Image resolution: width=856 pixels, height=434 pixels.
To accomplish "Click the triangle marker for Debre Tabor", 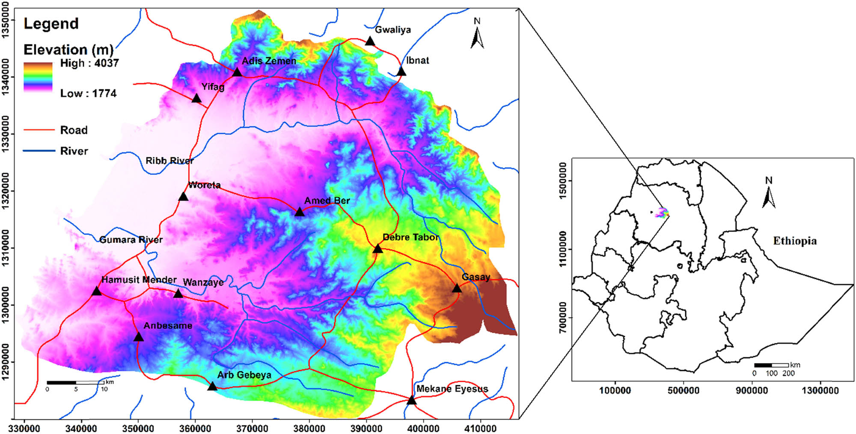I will point(377,249).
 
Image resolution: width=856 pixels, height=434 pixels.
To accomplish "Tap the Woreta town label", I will point(205,185).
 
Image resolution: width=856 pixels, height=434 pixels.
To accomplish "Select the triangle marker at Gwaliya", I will point(370,41).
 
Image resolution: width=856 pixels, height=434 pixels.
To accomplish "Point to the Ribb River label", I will point(169,161).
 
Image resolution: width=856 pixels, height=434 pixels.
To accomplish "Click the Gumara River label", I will point(131,239).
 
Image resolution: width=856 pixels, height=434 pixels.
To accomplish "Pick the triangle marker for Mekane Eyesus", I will point(411,400).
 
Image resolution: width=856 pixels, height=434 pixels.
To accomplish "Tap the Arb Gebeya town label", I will point(244,375).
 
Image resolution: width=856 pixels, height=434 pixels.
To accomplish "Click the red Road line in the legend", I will point(39,130).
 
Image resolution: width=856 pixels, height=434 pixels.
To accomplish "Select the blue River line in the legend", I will point(39,151).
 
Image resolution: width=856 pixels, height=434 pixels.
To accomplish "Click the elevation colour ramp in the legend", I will point(38,77).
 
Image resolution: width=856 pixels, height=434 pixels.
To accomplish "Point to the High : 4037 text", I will point(89,63).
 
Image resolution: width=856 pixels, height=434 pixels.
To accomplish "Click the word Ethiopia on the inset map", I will point(795,241).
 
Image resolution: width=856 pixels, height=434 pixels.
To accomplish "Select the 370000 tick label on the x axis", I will point(252,428).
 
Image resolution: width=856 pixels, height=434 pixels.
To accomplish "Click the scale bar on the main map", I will point(76,383).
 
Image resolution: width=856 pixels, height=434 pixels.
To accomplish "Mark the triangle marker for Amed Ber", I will point(299,212).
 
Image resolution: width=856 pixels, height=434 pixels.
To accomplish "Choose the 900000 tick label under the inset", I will point(752,390).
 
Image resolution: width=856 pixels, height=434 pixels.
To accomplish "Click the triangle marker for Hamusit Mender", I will point(97,292).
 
